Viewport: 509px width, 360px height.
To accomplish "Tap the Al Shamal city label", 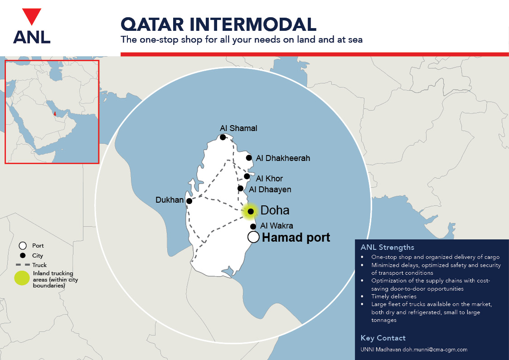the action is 238,128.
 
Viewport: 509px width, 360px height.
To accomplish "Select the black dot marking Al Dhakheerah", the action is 249,158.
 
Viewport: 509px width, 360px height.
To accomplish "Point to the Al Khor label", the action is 269,179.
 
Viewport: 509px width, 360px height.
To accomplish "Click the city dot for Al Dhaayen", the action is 241,188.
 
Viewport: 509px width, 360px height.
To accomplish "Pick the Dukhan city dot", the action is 189,201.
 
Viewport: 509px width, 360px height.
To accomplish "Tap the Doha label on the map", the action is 275,211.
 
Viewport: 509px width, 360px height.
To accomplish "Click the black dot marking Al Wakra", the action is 253,226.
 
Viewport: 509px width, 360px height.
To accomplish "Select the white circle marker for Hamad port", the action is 253,237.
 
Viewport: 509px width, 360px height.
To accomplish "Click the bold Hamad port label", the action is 296,237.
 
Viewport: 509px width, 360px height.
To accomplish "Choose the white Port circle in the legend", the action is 22,246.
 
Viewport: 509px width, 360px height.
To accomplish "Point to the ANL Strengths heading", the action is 387,248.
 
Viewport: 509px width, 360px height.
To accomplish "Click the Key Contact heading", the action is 383,338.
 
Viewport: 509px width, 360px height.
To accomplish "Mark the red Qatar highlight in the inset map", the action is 55,114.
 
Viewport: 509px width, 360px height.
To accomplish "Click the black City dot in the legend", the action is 22,256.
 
